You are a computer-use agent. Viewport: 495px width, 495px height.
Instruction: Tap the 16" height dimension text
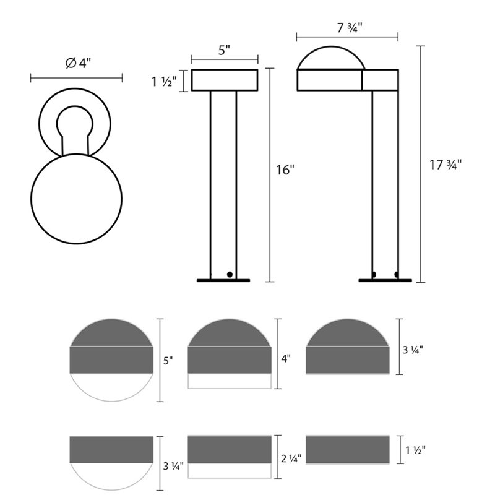(284, 171)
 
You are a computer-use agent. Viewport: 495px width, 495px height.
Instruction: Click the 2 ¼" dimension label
(291, 458)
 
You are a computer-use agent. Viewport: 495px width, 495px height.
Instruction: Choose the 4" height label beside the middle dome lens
(286, 357)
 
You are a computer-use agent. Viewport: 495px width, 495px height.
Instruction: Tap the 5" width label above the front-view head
(224, 50)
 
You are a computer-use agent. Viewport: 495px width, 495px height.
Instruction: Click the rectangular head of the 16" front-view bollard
(224, 80)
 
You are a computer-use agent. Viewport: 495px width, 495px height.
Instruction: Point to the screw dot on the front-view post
(230, 273)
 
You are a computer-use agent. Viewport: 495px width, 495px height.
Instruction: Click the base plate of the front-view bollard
(223, 280)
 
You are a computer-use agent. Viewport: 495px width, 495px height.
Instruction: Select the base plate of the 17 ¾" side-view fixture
(385, 280)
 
